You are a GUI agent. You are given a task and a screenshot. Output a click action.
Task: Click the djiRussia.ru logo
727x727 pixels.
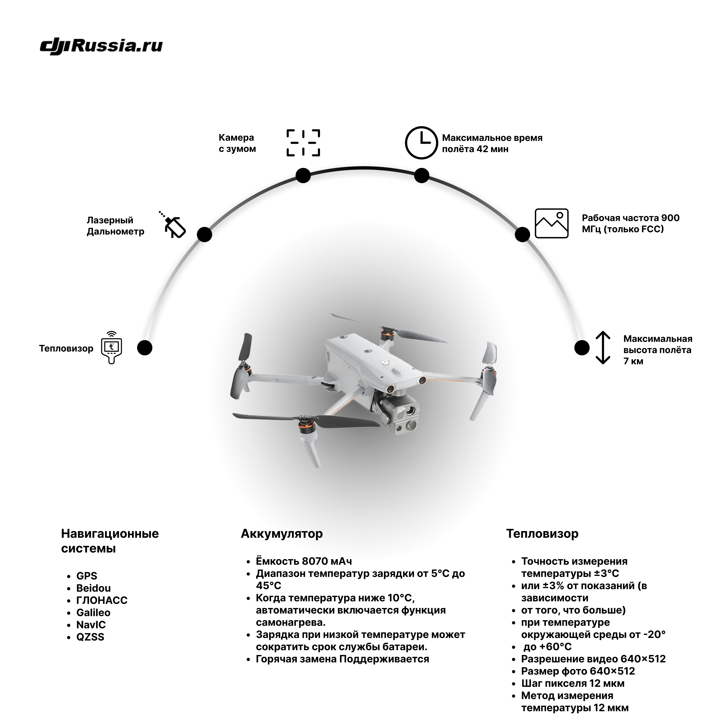101,47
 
